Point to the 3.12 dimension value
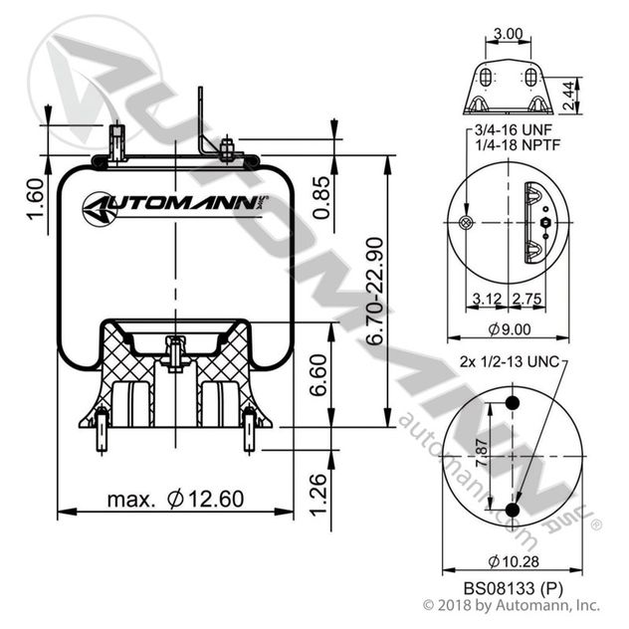click(488, 298)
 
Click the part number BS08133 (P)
click(512, 587)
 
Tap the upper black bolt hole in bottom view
click(514, 403)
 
